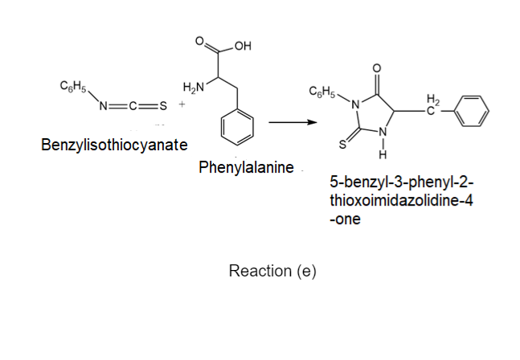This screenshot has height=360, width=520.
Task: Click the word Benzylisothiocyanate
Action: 114,145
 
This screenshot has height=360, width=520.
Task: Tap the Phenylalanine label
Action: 246,167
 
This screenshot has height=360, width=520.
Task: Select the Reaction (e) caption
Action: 272,271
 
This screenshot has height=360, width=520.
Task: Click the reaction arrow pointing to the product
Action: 293,122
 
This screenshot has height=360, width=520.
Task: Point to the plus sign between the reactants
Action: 182,104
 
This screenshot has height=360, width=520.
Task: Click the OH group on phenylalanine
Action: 243,46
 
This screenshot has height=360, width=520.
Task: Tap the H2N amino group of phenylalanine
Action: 194,87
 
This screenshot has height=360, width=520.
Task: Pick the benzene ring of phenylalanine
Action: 237,127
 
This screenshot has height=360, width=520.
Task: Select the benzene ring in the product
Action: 471,111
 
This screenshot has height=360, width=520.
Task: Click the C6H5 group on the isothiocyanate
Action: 73,86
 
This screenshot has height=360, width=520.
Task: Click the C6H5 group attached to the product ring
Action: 322,91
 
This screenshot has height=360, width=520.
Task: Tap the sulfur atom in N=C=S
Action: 163,106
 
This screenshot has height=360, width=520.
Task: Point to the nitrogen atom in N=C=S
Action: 104,106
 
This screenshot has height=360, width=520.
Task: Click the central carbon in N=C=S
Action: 133,106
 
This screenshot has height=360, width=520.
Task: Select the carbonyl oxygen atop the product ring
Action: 377,68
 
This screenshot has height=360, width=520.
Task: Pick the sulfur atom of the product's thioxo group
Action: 342,145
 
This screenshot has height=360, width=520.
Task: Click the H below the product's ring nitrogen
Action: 383,155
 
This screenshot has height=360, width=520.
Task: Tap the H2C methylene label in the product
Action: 432,104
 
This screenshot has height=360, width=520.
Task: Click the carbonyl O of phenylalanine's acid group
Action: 199,41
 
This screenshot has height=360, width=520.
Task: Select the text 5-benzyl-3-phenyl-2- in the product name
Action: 402,182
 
